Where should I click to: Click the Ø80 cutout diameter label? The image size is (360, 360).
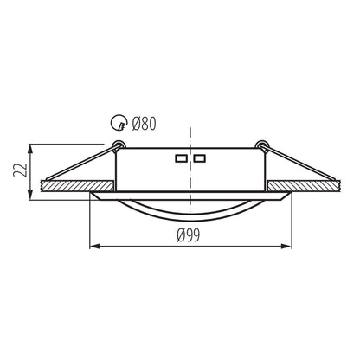[144, 124]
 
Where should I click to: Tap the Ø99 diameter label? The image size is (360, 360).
[188, 235]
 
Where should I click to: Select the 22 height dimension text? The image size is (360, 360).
[20, 170]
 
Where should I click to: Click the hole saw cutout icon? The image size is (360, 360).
[119, 123]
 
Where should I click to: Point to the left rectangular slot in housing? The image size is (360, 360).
[181, 158]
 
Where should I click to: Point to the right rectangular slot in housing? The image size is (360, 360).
[199, 158]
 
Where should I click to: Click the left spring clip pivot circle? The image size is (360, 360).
[119, 145]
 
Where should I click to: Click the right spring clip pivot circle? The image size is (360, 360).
[262, 145]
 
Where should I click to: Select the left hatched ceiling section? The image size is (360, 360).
[77, 186]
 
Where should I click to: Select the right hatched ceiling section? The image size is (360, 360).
[304, 186]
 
